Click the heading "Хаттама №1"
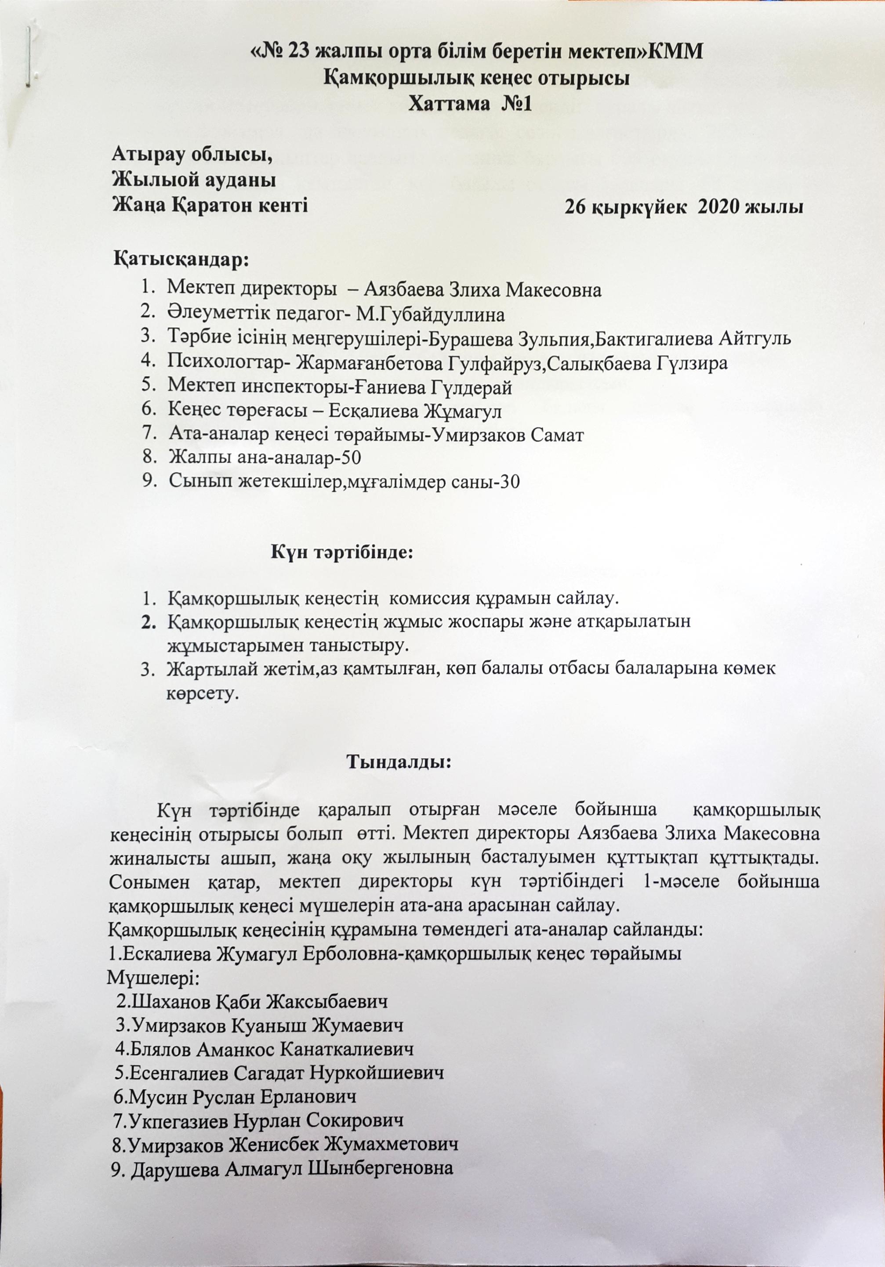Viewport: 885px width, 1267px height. (469, 104)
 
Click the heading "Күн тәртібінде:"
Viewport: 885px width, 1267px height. (342, 552)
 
